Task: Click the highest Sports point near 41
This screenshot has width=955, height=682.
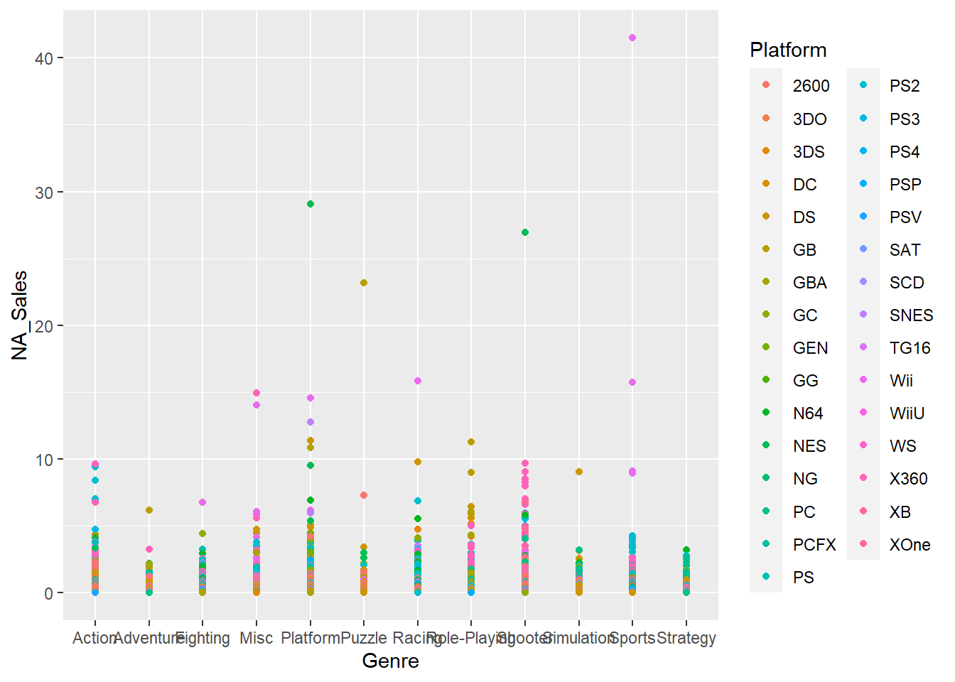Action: [632, 38]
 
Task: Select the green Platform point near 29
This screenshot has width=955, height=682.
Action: [311, 204]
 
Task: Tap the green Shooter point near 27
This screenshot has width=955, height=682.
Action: [525, 232]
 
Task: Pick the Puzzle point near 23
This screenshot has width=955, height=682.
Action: [364, 283]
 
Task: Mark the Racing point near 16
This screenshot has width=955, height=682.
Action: [418, 381]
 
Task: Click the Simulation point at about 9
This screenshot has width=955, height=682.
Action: [579, 472]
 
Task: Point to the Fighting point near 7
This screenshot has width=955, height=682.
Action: [203, 502]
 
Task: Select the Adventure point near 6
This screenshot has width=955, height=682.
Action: [149, 510]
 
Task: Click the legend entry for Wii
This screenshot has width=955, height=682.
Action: [901, 381]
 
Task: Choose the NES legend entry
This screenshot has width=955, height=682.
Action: [809, 446]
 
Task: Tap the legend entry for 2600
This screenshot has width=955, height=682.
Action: [811, 86]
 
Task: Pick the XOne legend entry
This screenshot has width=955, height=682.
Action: [910, 545]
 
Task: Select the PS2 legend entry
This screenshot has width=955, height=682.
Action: [905, 86]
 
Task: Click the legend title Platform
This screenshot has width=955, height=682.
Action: [788, 50]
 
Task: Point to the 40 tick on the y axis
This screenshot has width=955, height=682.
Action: [44, 58]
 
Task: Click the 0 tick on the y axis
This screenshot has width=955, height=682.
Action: [48, 593]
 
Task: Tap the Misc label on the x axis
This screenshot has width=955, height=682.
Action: [257, 638]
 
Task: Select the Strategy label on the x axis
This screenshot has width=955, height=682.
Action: [686, 638]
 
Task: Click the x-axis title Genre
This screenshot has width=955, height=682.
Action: [390, 661]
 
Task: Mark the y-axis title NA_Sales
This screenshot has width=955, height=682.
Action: [20, 315]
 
